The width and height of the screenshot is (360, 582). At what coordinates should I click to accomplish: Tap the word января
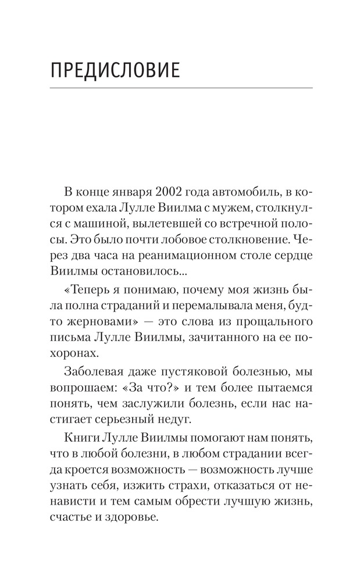click(133, 193)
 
